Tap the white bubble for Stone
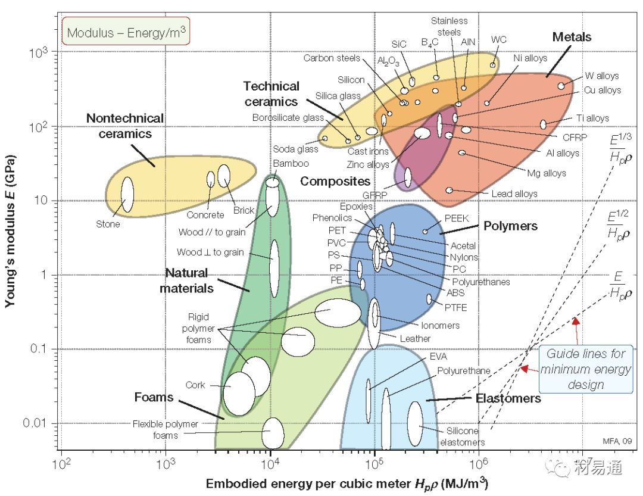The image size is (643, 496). point(127,194)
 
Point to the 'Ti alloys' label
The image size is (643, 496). point(592,118)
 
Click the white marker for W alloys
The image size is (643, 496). point(561,86)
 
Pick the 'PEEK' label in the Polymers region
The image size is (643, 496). point(456,219)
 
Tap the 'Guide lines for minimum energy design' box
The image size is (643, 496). point(585,369)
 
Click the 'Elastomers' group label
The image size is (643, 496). point(508,398)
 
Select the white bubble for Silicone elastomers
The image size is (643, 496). point(415,423)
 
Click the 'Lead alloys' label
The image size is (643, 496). point(514,194)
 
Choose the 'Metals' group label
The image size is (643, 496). point(572,37)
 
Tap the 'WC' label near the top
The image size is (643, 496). point(499,40)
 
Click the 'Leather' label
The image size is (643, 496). point(415,339)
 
